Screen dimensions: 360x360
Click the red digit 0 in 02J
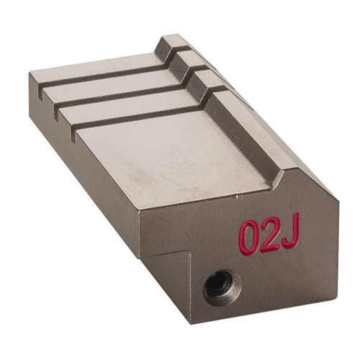click(249, 238)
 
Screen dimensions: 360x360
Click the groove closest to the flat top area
click(137, 115)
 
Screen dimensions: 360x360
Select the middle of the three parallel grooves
click(115, 94)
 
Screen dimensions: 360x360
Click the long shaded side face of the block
click(79, 166)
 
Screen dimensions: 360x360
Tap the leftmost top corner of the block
click(30, 74)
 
